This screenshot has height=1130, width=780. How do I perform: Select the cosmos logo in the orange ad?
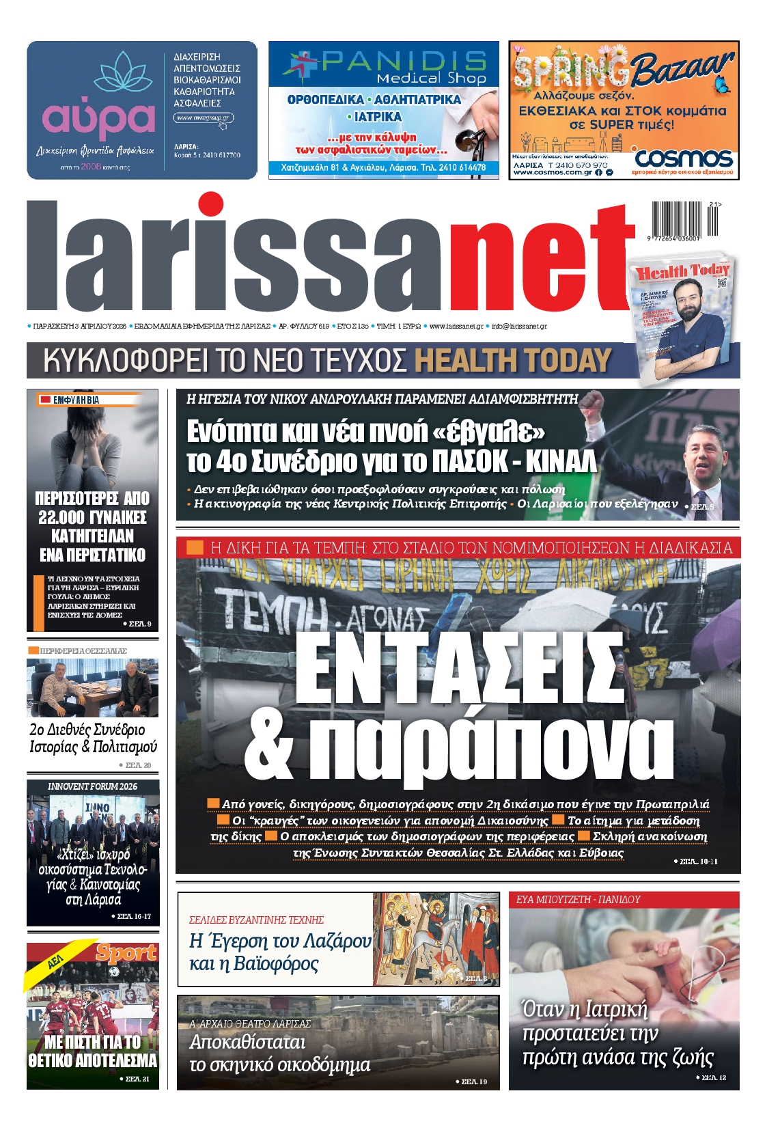[x=684, y=159]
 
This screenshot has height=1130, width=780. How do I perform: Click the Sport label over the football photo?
[x=126, y=952]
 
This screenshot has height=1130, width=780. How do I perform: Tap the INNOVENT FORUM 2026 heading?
[x=92, y=786]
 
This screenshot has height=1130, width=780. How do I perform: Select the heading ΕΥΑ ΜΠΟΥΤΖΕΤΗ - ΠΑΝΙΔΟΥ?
[x=579, y=900]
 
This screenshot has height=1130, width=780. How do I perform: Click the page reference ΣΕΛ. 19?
[x=474, y=1081]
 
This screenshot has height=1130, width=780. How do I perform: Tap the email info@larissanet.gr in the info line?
[x=519, y=327]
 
